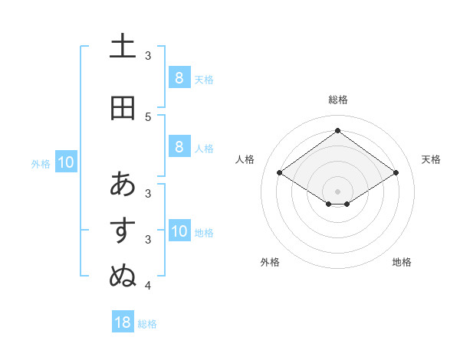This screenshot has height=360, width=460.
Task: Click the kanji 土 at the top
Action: [123, 45]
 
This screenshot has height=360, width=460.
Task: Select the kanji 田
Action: [123, 108]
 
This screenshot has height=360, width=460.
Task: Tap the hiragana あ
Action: [123, 184]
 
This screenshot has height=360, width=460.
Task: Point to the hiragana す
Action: [123, 230]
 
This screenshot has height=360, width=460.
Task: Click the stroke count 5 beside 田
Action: [148, 116]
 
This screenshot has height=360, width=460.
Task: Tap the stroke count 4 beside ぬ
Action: [148, 286]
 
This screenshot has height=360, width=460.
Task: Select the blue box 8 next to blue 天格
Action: [179, 78]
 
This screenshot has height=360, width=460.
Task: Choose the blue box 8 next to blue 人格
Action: [179, 147]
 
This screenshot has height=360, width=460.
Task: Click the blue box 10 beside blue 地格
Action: [179, 231]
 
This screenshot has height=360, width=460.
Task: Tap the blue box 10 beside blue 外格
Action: [65, 162]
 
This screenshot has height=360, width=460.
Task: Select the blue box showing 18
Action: [123, 322]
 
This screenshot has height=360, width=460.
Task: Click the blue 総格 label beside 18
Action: [147, 324]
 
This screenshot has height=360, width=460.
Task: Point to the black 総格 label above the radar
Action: [337, 100]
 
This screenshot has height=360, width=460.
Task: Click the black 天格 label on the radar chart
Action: [431, 159]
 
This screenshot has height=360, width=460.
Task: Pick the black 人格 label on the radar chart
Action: [245, 159]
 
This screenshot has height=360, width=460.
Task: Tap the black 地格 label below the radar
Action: [402, 262]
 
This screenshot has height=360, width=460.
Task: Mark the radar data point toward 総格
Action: [337, 130]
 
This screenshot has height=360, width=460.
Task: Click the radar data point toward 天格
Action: [396, 173]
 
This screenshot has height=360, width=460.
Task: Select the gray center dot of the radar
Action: [337, 191]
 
